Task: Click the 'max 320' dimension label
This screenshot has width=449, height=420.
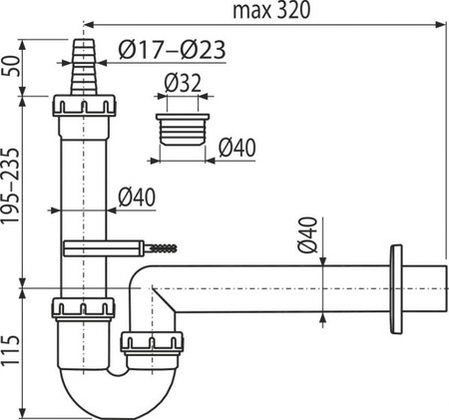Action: tap(271, 11)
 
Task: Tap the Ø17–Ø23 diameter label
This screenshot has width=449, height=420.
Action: tap(172, 50)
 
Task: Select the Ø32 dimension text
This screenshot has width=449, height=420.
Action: tap(183, 83)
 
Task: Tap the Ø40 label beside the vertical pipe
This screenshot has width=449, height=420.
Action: tap(137, 198)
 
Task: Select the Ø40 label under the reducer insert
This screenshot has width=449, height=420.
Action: tap(237, 148)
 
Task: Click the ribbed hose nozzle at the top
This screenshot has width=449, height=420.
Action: tap(84, 67)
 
